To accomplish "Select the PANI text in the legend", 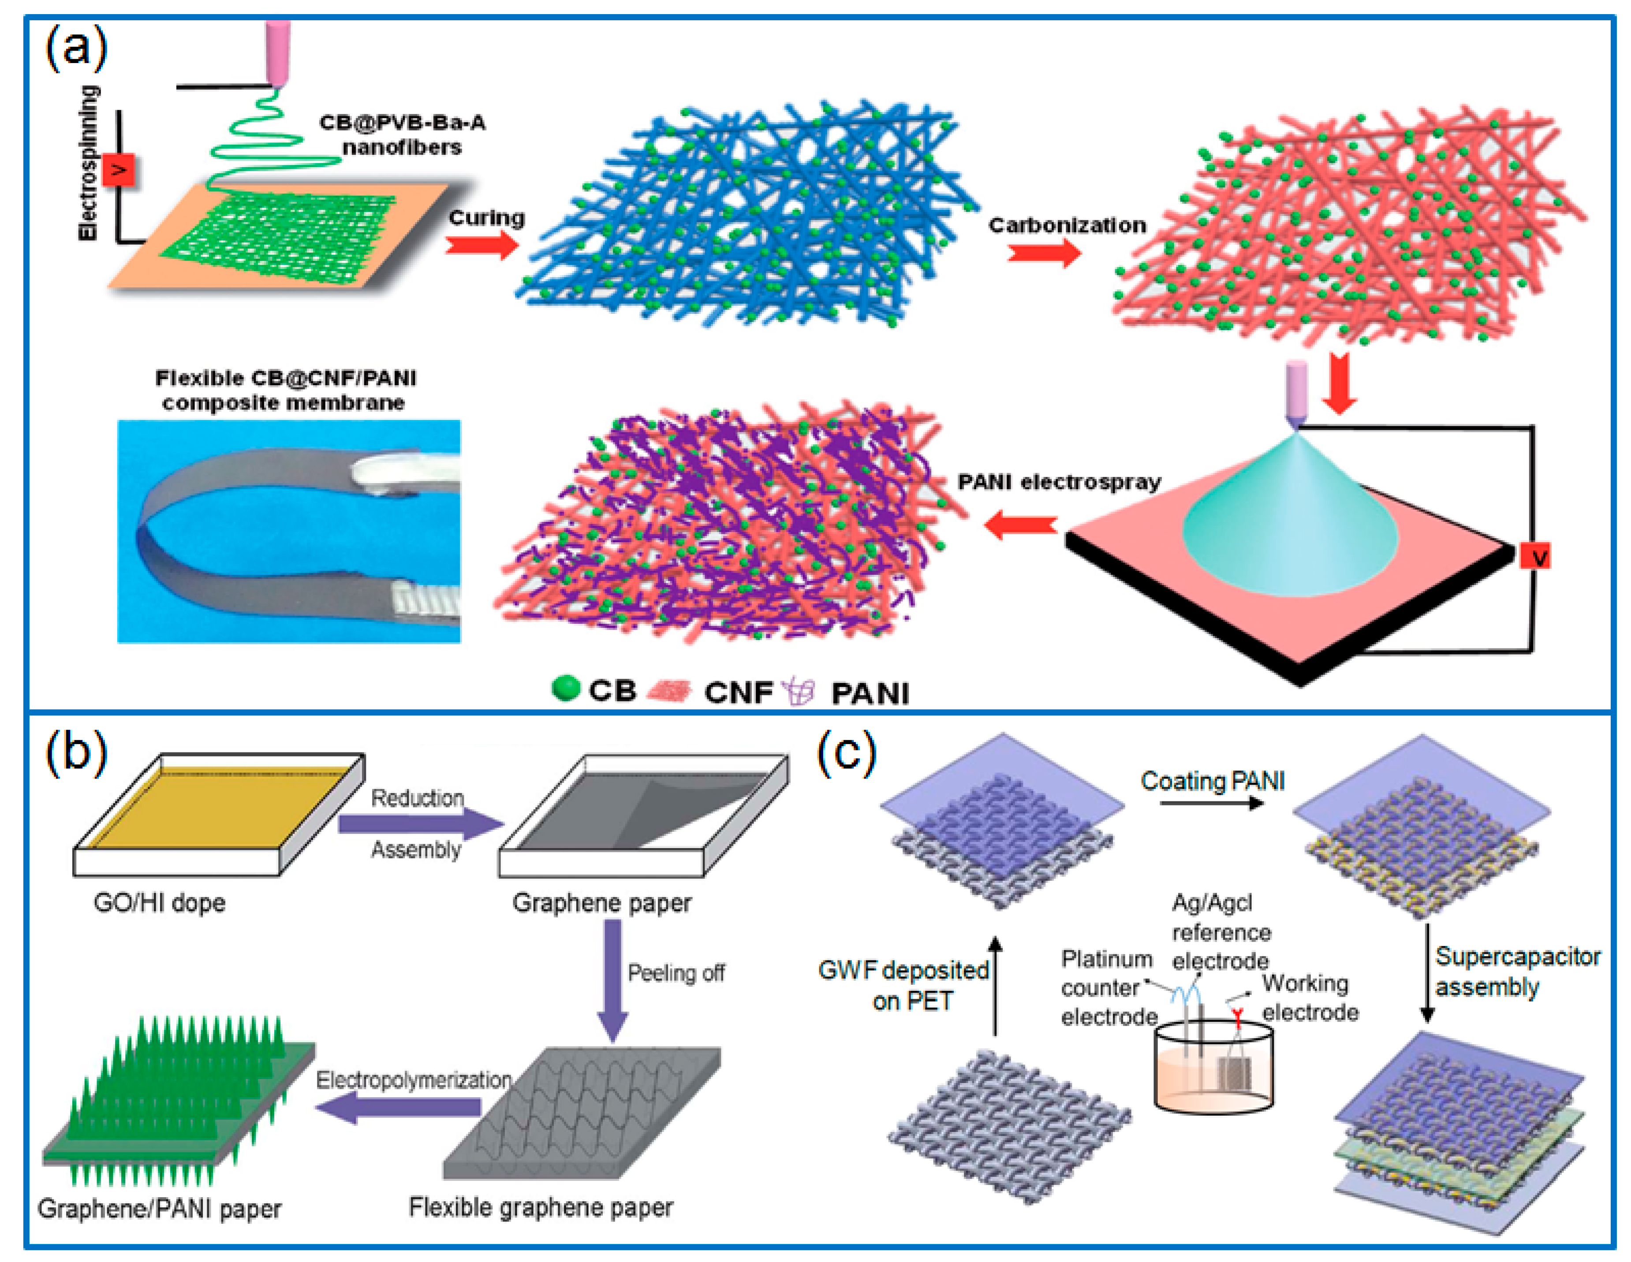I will coord(870,693).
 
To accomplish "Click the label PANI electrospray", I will coord(1059,482).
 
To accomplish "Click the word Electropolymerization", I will coord(413,1080).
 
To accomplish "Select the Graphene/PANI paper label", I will coord(159,1208).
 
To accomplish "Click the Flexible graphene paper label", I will coord(541,1207).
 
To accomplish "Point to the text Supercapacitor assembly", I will coord(1516,971).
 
